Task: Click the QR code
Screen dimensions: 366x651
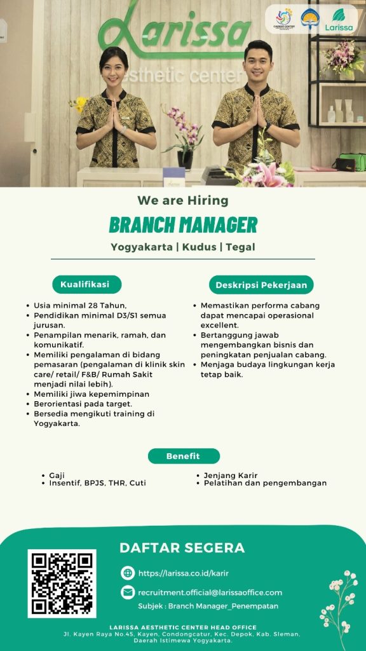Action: tap(62, 584)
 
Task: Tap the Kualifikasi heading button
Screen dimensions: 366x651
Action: tap(86, 284)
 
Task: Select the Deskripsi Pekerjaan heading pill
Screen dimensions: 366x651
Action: tap(261, 285)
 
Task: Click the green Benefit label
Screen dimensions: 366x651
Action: tap(184, 456)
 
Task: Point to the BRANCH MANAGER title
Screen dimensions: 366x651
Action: tap(183, 224)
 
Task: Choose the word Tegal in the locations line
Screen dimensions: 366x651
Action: tap(240, 247)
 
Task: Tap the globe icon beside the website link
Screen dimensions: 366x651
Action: tap(128, 573)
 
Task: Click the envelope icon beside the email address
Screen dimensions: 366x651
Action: tap(128, 593)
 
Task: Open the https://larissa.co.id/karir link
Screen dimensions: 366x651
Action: tap(184, 573)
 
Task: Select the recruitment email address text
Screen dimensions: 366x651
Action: tap(210, 593)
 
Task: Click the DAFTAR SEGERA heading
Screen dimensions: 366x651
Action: tap(182, 547)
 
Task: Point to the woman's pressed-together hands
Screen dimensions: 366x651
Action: tap(115, 116)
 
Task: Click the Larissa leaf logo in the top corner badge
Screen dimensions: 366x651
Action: tap(339, 20)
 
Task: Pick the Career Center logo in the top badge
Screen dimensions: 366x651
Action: tap(284, 18)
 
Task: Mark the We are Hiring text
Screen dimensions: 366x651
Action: tap(183, 200)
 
